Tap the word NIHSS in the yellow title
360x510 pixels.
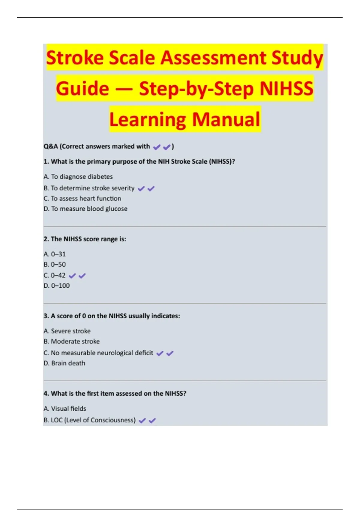click(x=286, y=89)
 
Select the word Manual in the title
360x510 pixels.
click(x=226, y=119)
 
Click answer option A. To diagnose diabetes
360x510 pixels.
click(x=78, y=177)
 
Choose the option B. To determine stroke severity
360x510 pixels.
click(x=89, y=188)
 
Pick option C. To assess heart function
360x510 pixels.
click(x=82, y=198)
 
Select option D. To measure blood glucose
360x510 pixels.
click(x=85, y=209)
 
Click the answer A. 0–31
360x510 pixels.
click(x=55, y=254)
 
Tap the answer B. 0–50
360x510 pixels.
click(x=55, y=265)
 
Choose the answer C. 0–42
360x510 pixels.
click(x=55, y=275)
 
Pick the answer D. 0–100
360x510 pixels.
click(x=57, y=286)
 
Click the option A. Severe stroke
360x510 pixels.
click(x=67, y=331)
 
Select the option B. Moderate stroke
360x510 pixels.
click(x=71, y=341)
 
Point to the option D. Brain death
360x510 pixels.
click(x=64, y=363)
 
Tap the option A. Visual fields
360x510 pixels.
click(x=65, y=409)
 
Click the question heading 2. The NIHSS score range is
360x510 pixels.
click(x=85, y=239)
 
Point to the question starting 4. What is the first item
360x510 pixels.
click(x=115, y=393)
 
